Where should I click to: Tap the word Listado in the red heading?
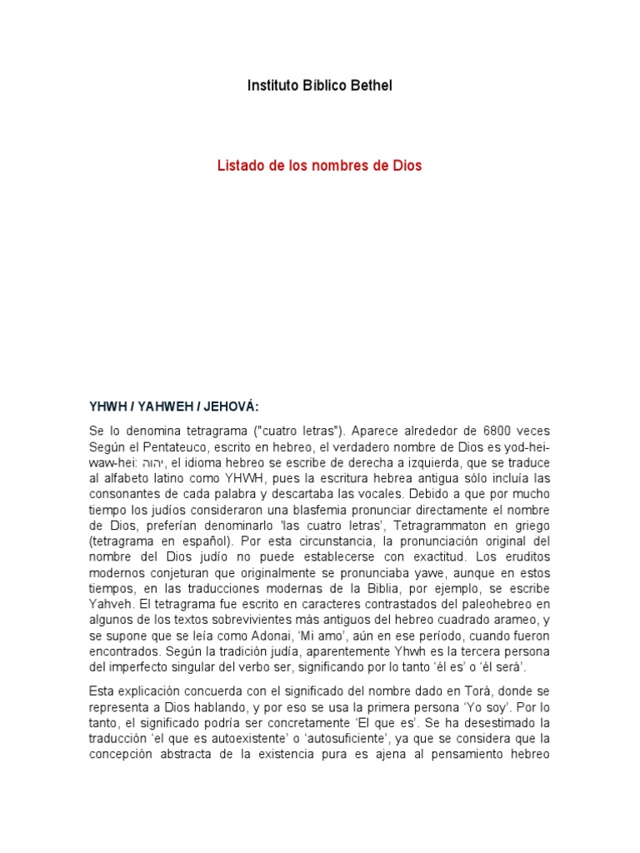coord(239,166)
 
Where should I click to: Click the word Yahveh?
coord(109,606)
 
